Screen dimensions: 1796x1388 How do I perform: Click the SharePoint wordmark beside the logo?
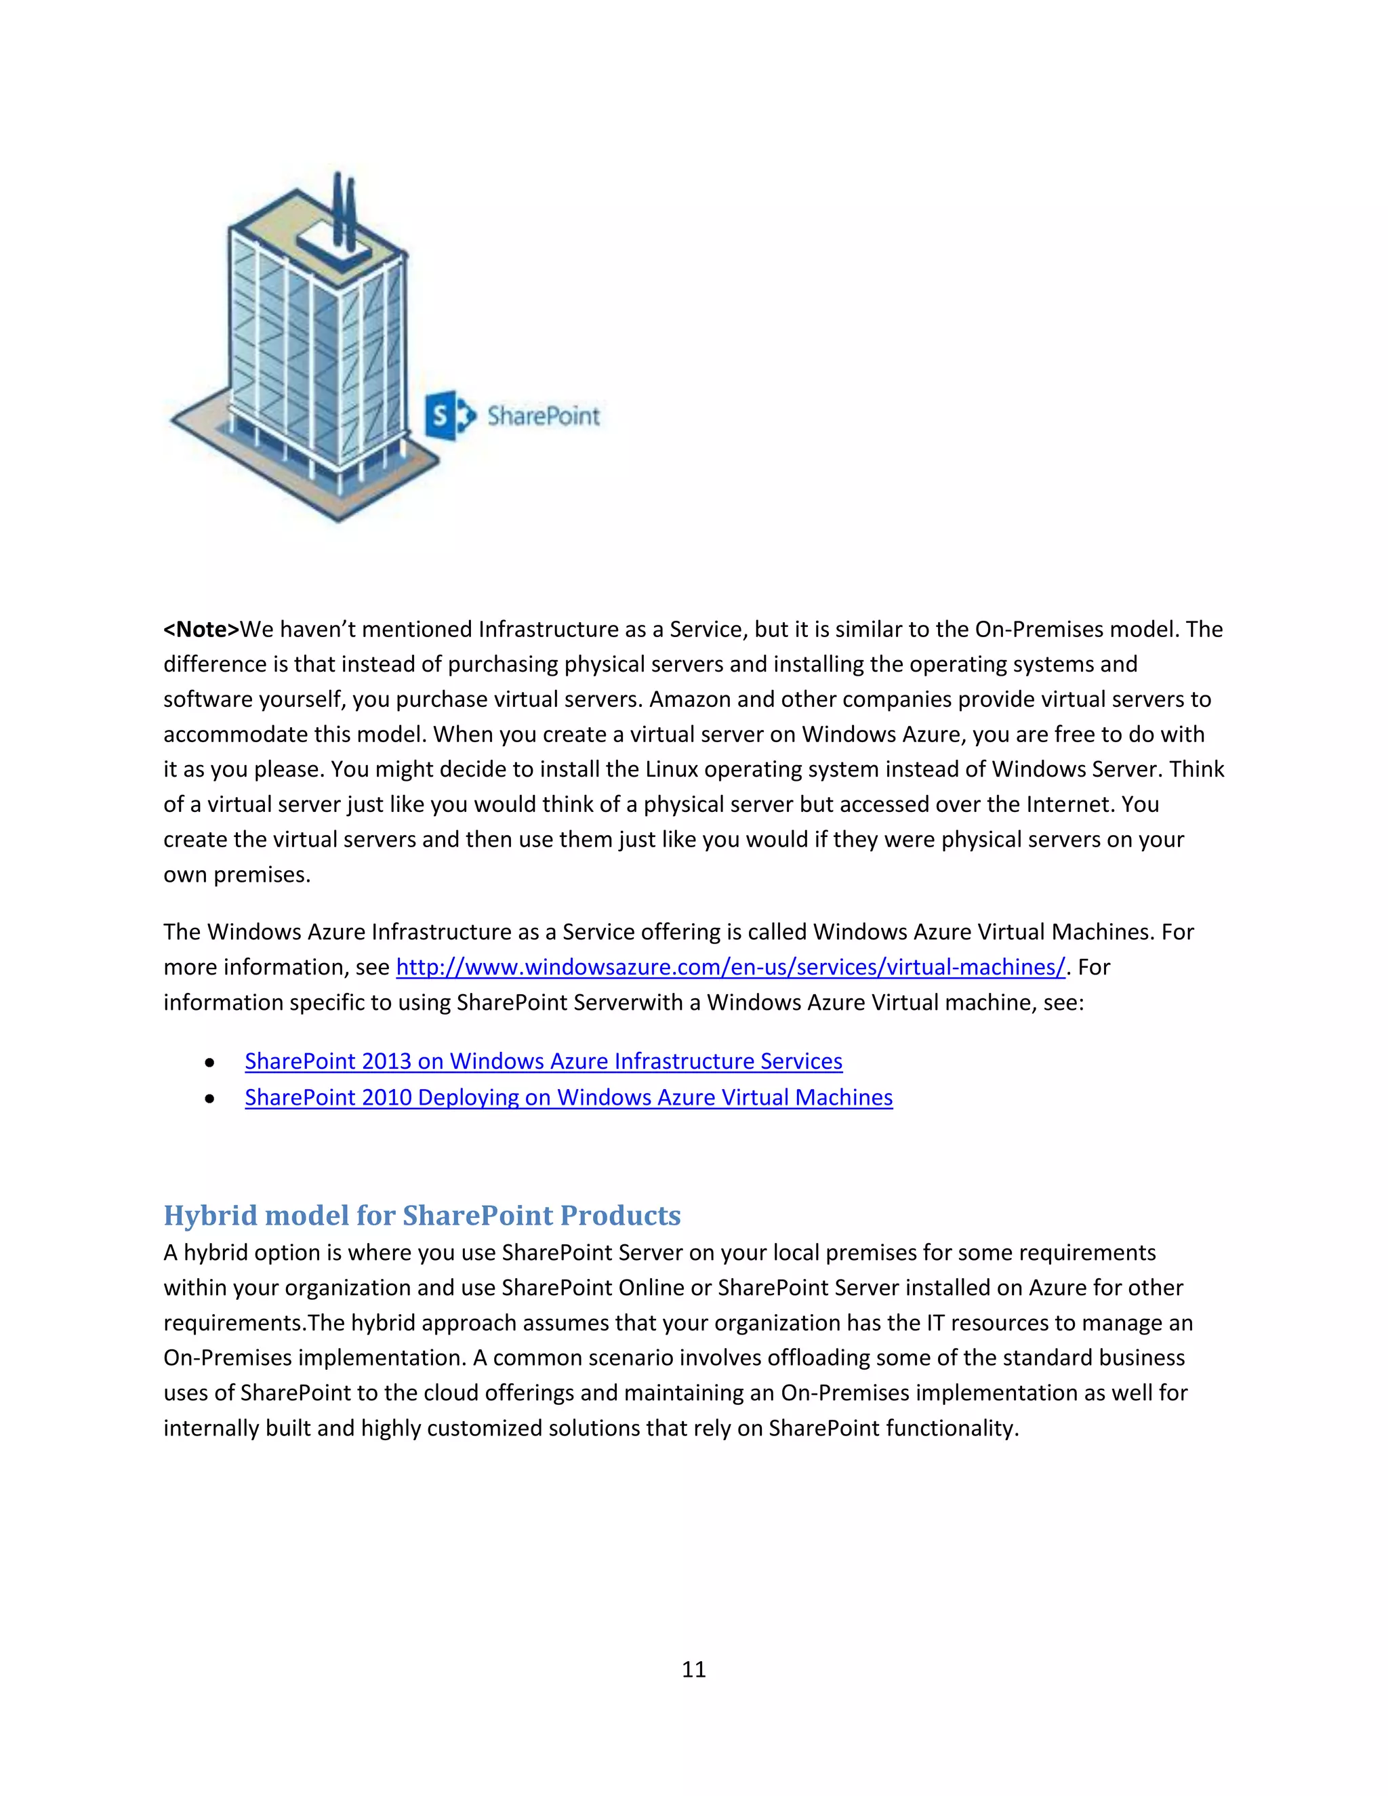(x=543, y=416)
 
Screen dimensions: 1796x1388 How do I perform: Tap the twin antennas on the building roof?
(x=344, y=205)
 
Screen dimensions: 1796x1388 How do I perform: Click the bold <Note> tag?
(x=201, y=629)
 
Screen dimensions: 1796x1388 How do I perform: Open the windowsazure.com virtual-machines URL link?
(x=730, y=967)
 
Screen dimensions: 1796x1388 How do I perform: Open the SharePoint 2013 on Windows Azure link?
(x=543, y=1061)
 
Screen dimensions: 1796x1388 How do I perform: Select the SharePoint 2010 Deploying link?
(x=568, y=1097)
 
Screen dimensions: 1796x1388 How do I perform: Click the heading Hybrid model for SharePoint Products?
(x=422, y=1215)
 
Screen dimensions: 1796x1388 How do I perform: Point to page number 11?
(x=693, y=1669)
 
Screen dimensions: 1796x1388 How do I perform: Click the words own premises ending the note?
(x=237, y=874)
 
